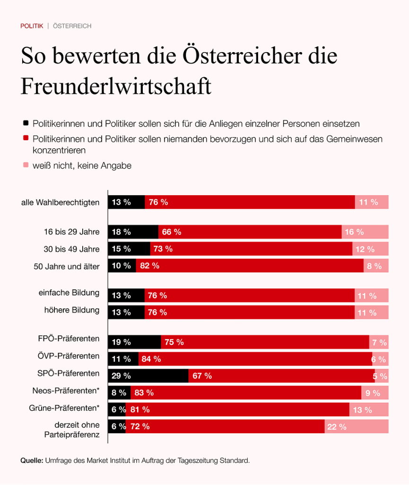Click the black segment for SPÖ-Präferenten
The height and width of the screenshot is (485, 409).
[x=148, y=376]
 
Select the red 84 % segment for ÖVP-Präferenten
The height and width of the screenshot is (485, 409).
[x=255, y=359]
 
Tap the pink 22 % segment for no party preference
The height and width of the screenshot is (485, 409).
[x=357, y=426]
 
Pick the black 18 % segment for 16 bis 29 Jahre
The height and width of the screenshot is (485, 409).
[x=133, y=232]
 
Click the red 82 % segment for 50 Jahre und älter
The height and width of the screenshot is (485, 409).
[x=250, y=266]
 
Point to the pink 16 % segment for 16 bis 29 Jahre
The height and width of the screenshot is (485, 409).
[x=365, y=232]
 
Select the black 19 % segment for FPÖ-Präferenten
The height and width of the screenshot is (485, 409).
[x=135, y=342]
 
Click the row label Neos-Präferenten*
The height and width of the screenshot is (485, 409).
[x=66, y=390]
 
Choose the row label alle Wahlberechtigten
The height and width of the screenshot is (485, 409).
[x=60, y=202]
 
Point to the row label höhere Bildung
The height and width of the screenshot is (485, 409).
[x=72, y=310]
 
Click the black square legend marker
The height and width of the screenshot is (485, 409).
[x=26, y=123]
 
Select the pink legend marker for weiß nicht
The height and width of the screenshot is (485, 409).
[x=26, y=165]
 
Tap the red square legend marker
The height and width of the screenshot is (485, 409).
[x=26, y=139]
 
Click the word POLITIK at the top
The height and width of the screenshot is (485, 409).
[x=32, y=26]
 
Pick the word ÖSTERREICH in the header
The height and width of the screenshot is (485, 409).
[x=72, y=26]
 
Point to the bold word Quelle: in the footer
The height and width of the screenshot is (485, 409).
[x=32, y=460]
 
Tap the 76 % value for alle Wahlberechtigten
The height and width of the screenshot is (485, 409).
[x=158, y=202]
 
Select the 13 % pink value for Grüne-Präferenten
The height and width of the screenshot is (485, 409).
[x=362, y=410]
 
